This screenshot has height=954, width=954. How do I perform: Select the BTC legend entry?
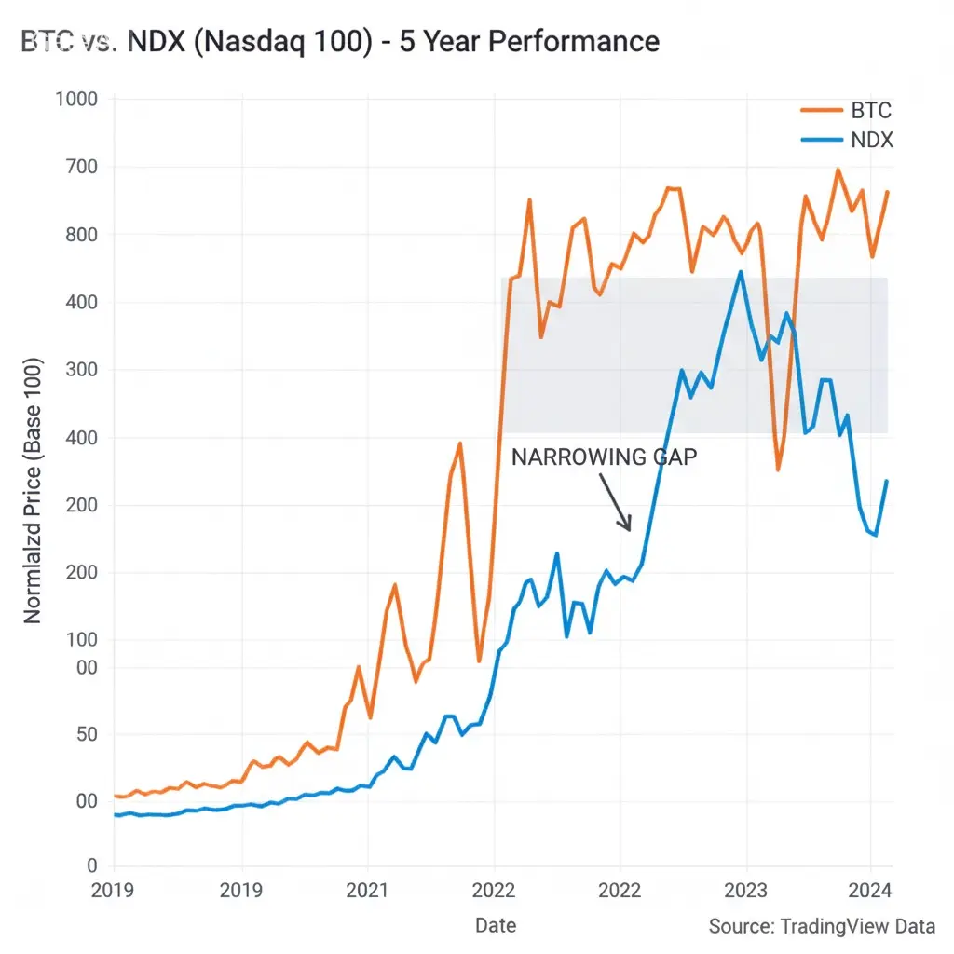pyautogui.click(x=871, y=111)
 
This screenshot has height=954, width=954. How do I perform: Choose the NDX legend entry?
pyautogui.click(x=871, y=141)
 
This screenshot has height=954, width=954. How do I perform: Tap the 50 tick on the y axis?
pyautogui.click(x=85, y=734)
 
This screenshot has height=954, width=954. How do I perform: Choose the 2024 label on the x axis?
pyautogui.click(x=872, y=891)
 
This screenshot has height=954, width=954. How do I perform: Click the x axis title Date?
pyautogui.click(x=495, y=925)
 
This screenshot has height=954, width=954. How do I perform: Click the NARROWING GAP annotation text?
pyautogui.click(x=604, y=457)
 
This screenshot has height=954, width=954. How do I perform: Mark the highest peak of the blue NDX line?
pyautogui.click(x=741, y=272)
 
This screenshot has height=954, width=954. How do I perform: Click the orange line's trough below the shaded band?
pyautogui.click(x=778, y=470)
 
